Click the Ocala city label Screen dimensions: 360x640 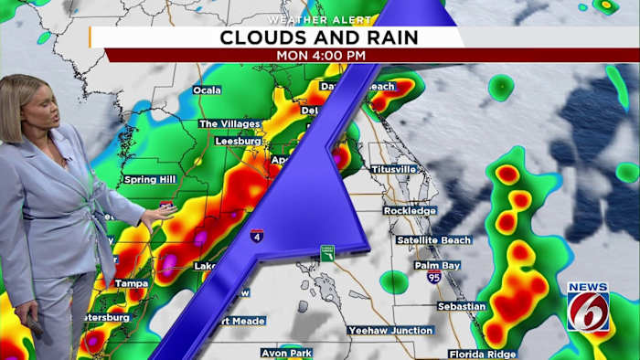click(208, 90)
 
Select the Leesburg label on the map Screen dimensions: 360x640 click(239, 142)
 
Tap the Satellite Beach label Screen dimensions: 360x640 click(433, 240)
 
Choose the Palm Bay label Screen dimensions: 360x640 click(437, 266)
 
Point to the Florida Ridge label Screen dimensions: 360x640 click(483, 354)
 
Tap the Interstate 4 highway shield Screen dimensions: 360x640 click(258, 236)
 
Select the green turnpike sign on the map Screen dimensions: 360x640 click(327, 252)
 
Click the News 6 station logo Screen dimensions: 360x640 click(588, 307)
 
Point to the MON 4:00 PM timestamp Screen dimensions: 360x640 click(321, 55)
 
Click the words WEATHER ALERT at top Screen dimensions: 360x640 click(319, 19)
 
